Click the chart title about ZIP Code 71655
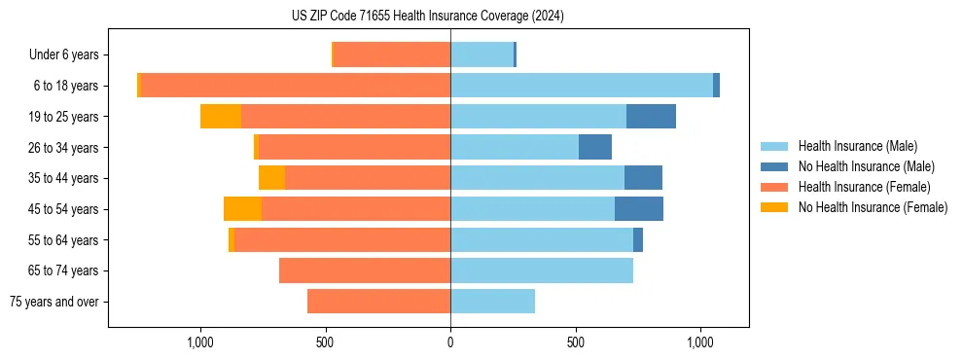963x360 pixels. tap(427, 16)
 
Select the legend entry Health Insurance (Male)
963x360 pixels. tap(857, 146)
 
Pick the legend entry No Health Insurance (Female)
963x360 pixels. tap(873, 207)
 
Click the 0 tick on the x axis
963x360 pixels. tap(450, 343)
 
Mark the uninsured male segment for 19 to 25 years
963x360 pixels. tap(651, 117)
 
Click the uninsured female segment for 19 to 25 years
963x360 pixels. tap(221, 117)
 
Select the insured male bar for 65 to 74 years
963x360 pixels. tap(542, 270)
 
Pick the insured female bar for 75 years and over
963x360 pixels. tap(378, 302)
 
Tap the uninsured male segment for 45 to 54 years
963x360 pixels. tap(639, 209)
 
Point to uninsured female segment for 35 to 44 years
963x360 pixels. tap(271, 178)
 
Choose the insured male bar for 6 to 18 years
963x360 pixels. tap(582, 86)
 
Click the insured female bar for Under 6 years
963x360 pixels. tap(392, 55)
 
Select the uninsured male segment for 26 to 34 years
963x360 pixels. tap(595, 148)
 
